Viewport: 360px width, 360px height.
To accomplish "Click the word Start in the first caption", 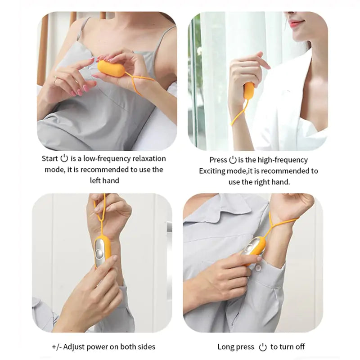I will (x=49, y=158).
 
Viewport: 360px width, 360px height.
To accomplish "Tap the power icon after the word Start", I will (x=64, y=158).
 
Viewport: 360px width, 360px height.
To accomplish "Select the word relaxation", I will (x=149, y=158).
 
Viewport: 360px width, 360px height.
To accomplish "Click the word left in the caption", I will (x=97, y=180).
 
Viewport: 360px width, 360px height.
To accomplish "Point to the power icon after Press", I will (x=233, y=160).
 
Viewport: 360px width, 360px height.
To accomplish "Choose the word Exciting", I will (x=214, y=171).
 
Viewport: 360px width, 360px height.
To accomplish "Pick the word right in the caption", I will (x=264, y=182).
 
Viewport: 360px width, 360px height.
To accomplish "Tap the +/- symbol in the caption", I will (x=57, y=346).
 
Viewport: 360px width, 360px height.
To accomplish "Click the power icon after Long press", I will (x=263, y=346).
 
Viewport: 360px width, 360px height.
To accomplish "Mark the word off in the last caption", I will (x=299, y=346).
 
